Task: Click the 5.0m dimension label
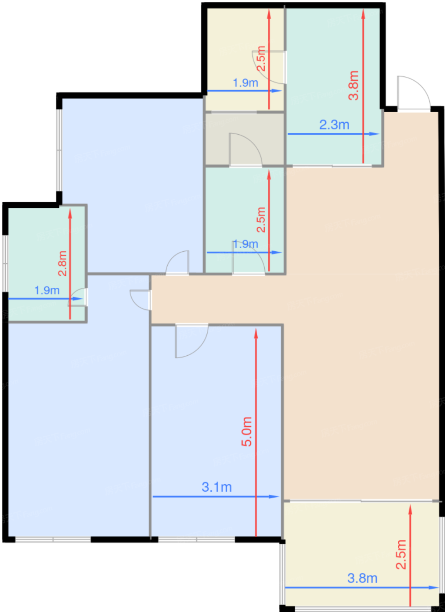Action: click(x=246, y=431)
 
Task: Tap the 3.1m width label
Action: click(x=217, y=487)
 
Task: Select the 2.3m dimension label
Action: click(x=334, y=125)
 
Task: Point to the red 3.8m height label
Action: click(x=353, y=85)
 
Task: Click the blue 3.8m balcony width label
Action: click(x=363, y=578)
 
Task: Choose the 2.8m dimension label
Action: click(x=62, y=263)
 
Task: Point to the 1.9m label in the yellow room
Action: click(x=245, y=83)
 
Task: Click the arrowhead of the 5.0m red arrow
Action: click(x=256, y=333)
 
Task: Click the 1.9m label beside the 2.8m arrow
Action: click(x=47, y=290)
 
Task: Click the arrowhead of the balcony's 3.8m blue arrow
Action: click(x=433, y=587)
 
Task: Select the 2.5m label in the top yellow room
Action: click(x=261, y=59)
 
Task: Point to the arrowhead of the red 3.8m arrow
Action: click(x=363, y=14)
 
